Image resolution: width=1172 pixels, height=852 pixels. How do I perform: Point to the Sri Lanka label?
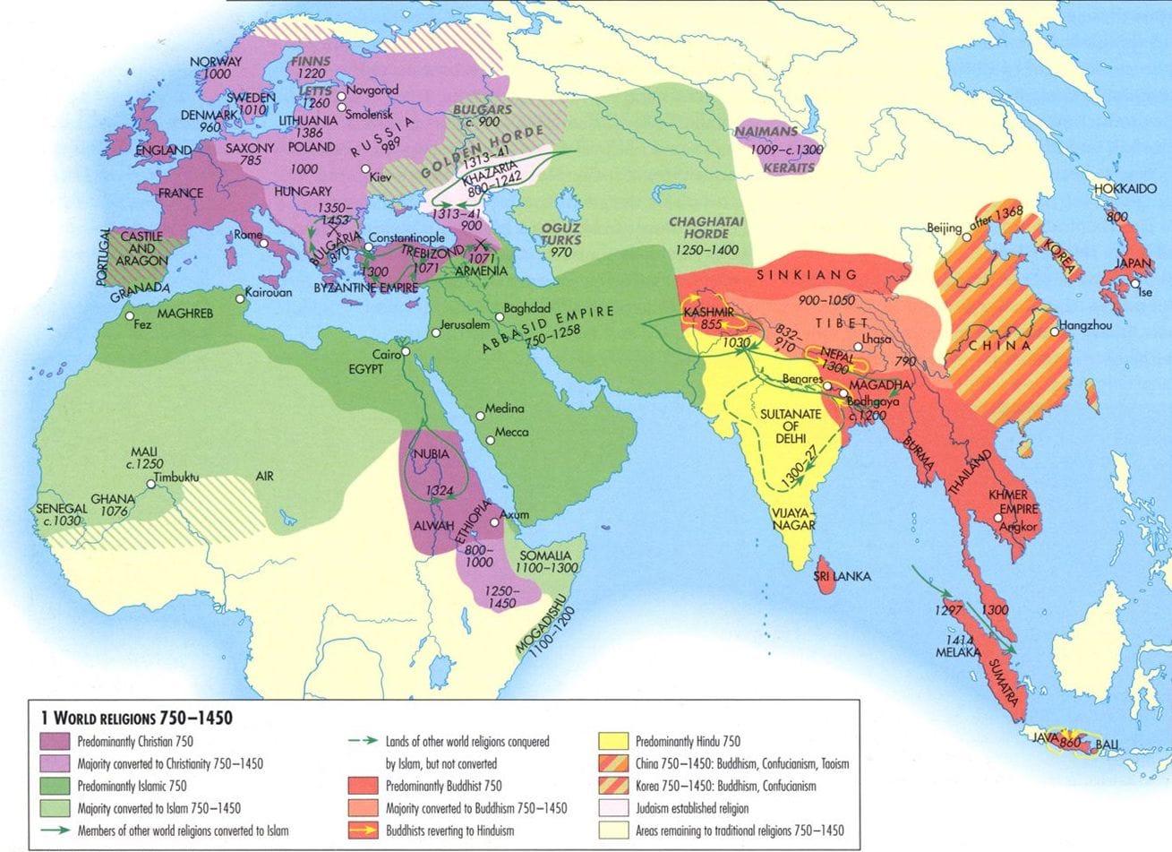coord(843,577)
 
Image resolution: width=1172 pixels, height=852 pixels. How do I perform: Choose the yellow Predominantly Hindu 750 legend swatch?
coord(614,741)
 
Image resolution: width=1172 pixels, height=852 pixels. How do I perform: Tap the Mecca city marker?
coord(490,440)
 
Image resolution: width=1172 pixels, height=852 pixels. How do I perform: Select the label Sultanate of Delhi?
coord(784,427)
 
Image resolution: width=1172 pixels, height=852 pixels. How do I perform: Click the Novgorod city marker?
coord(340,91)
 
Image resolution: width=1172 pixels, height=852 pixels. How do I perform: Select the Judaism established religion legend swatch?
coord(614,808)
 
